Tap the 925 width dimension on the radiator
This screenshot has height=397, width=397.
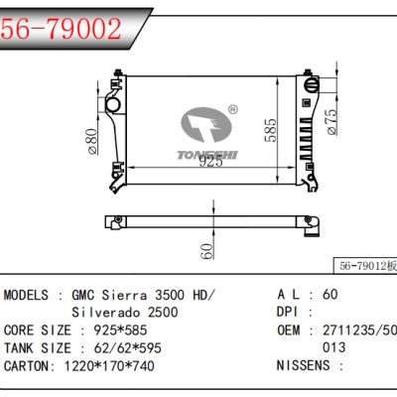pos(209,162)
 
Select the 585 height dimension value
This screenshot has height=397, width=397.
pos(269,129)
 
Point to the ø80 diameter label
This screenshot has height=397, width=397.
pos(91,142)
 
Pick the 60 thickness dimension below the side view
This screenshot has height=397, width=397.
pos(205,250)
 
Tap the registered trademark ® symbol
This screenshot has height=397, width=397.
pos(232,110)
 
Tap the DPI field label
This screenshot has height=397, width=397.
pos(288,313)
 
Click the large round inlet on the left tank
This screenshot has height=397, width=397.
pos(112,102)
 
